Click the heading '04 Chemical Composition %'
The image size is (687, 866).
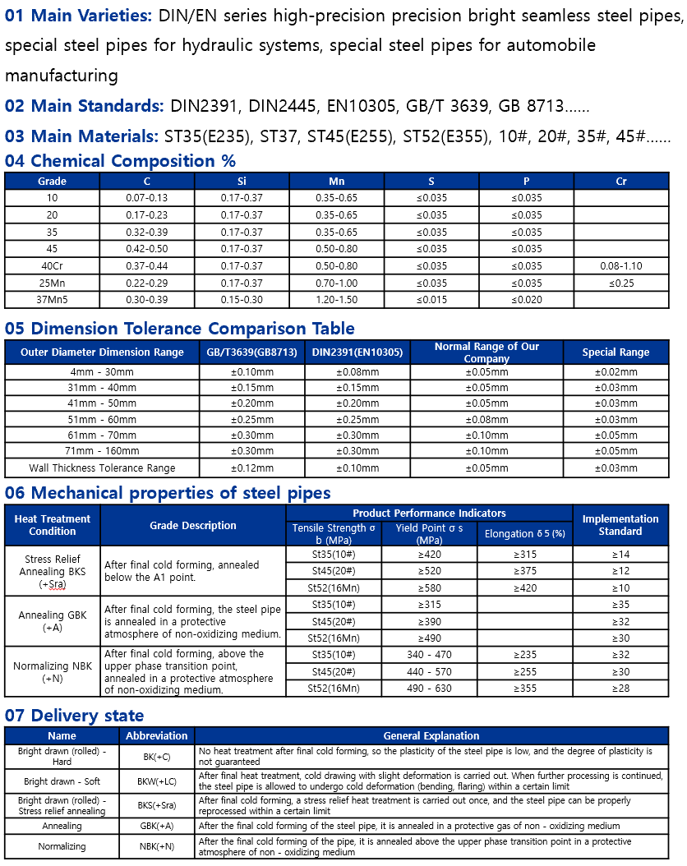(x=120, y=161)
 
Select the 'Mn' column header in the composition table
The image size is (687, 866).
(x=337, y=181)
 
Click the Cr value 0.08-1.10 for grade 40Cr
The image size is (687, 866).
(x=621, y=266)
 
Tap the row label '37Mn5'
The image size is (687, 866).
(x=52, y=300)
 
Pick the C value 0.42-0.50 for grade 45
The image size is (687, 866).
(x=147, y=249)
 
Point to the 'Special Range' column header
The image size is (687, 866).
(x=616, y=352)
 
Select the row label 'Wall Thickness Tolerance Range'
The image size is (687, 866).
(x=102, y=468)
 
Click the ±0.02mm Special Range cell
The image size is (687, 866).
(x=616, y=372)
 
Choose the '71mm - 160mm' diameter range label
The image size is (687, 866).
(x=102, y=451)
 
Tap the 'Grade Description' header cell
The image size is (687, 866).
(x=193, y=526)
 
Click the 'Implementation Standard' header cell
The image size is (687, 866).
(x=620, y=525)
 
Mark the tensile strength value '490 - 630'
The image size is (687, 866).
(x=429, y=689)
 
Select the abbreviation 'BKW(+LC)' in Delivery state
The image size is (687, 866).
(x=157, y=781)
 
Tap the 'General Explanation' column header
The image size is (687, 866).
(x=431, y=736)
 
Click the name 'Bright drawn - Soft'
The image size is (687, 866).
(x=62, y=781)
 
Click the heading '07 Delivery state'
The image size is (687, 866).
(x=74, y=716)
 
